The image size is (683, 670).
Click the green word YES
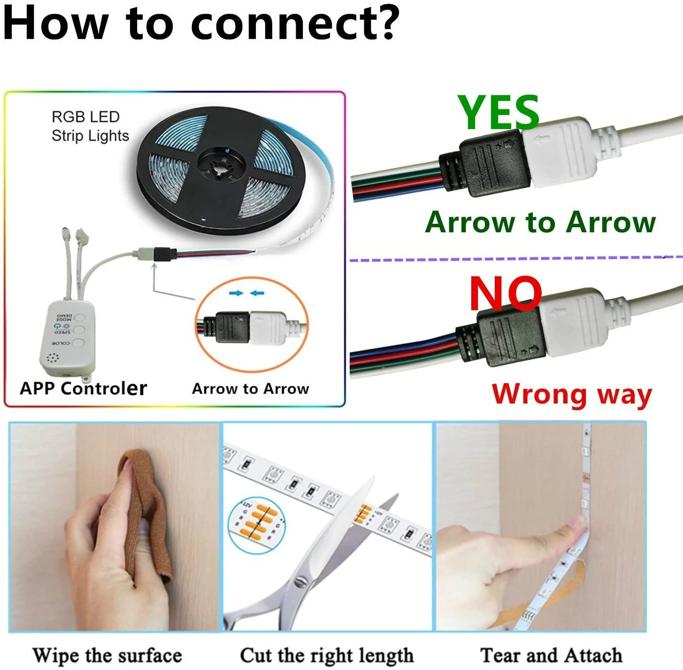pyautogui.click(x=498, y=113)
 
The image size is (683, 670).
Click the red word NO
pyautogui.click(x=506, y=294)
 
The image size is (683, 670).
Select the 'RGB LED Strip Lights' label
pyautogui.click(x=89, y=126)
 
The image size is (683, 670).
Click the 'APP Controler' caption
pyautogui.click(x=83, y=388)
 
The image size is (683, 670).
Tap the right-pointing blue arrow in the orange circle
pyautogui.click(x=236, y=293)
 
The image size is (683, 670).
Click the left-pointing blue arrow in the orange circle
pyautogui.click(x=257, y=293)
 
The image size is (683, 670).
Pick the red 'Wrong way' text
pyautogui.click(x=571, y=394)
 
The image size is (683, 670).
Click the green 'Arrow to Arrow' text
pyautogui.click(x=540, y=222)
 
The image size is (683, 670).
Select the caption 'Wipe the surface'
pyautogui.click(x=107, y=655)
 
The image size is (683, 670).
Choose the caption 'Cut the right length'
pyautogui.click(x=327, y=655)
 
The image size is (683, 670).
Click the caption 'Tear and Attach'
pyautogui.click(x=551, y=655)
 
